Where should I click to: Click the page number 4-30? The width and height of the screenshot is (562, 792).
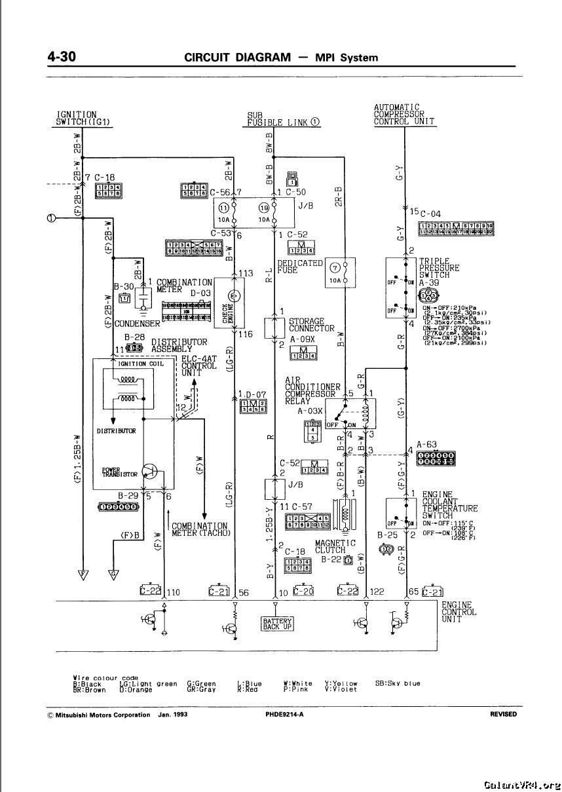(x=62, y=57)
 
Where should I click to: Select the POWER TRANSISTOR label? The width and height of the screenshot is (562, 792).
(x=120, y=472)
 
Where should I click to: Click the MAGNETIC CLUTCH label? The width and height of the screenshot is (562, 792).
(x=335, y=547)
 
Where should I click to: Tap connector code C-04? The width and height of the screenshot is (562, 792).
(x=430, y=214)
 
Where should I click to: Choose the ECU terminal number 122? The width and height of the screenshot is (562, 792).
(x=377, y=592)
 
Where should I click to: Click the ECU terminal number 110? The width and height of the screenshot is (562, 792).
(x=174, y=592)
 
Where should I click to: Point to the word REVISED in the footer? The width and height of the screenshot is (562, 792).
(x=503, y=715)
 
